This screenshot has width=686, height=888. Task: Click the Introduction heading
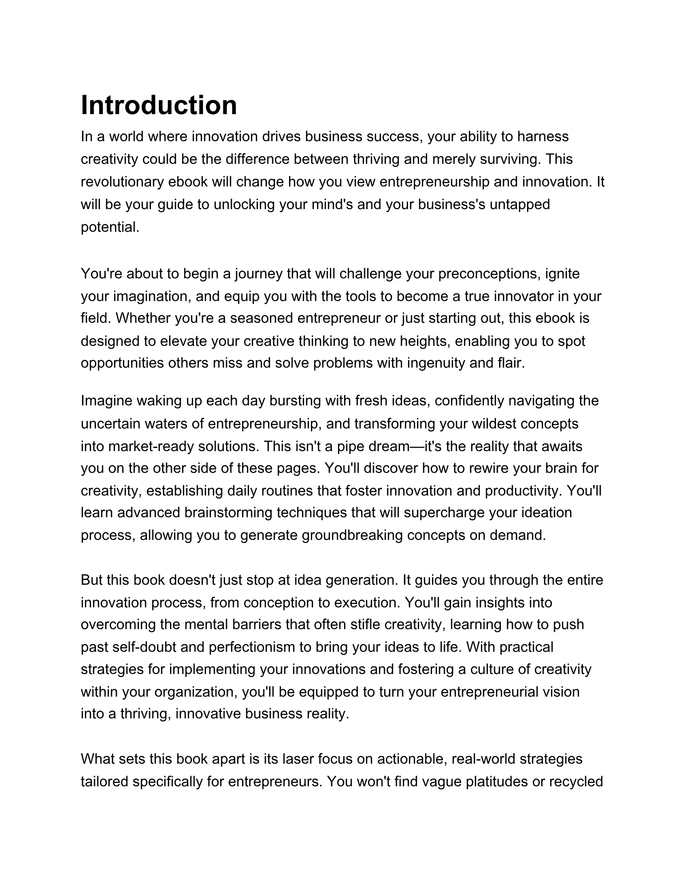coord(159,105)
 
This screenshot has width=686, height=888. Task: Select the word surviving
coord(508,159)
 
